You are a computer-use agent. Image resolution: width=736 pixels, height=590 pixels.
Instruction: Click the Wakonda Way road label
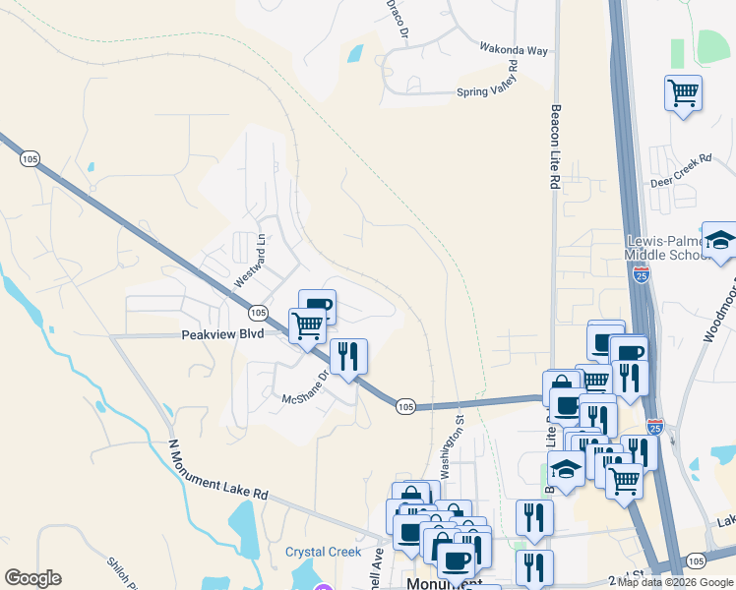point(513,49)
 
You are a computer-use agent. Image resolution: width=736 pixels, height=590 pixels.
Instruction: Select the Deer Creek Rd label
point(681,171)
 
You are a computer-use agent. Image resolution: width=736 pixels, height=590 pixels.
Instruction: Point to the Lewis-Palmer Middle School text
point(668,249)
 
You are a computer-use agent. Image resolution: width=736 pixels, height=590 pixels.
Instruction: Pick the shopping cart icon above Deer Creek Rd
point(683,93)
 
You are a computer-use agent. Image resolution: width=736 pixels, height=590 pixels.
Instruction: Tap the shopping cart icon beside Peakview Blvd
point(307,325)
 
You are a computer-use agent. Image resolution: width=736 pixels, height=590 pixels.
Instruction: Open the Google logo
point(32,578)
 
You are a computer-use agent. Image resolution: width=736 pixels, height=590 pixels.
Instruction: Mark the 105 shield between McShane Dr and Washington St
point(405,405)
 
